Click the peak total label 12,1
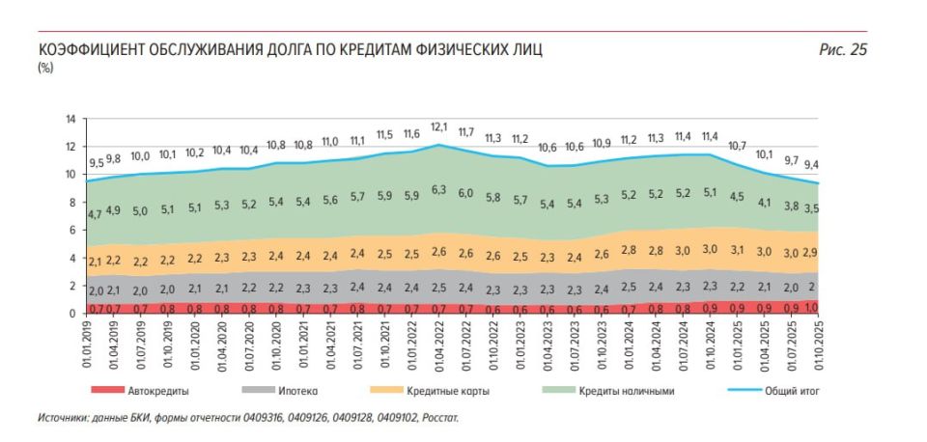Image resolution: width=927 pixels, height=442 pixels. click(439, 127)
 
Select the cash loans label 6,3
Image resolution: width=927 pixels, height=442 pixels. click(439, 191)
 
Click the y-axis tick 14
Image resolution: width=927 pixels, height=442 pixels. click(70, 120)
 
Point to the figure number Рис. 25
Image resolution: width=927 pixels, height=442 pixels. click(843, 50)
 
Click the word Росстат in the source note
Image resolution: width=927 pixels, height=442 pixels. click(440, 418)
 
